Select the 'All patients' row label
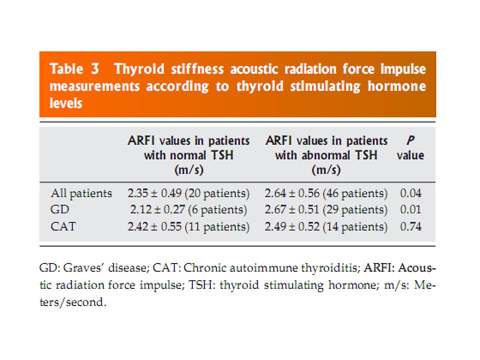(x=81, y=193)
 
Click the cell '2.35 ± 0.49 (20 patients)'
(x=188, y=193)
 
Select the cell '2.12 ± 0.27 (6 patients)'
(x=188, y=210)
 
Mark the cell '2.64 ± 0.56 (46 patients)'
(x=326, y=193)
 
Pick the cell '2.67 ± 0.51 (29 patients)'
(x=326, y=210)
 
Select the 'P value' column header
(x=410, y=148)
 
